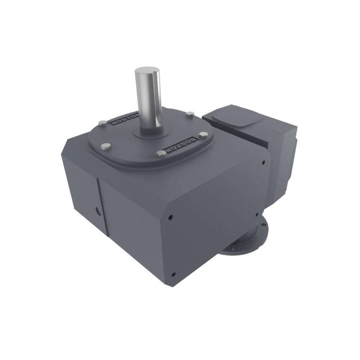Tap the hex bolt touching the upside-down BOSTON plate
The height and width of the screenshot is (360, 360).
point(161,154)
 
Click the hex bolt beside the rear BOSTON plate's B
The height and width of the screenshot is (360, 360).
point(103,123)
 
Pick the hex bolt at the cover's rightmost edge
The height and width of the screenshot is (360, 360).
point(203,136)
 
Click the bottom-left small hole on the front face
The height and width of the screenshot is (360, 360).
point(174,274)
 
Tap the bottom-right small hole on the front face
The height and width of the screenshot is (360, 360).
point(257,215)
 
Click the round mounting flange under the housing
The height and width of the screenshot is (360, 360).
point(248,241)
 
